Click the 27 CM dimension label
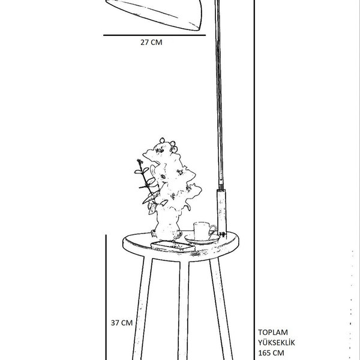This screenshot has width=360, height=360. [151, 43]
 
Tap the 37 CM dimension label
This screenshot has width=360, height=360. [122, 322]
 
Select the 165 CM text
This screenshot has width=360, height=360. [272, 354]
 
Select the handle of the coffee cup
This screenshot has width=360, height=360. [212, 229]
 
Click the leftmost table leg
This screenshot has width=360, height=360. [142, 306]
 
